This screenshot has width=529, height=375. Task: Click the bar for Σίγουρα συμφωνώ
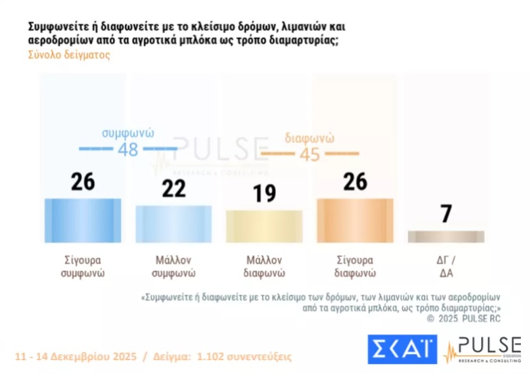(83, 220)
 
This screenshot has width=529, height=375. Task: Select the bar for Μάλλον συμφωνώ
(174, 223)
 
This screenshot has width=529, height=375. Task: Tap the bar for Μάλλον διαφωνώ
(264, 226)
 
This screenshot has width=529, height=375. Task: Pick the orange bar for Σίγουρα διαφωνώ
(355, 220)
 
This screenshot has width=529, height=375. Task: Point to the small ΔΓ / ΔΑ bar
(446, 236)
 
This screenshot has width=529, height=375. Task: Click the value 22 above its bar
(174, 188)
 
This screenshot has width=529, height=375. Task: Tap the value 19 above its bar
(264, 194)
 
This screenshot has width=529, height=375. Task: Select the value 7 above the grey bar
(446, 214)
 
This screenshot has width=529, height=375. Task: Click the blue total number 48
(128, 150)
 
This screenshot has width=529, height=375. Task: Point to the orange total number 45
(310, 154)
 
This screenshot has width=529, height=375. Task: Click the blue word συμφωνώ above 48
(129, 133)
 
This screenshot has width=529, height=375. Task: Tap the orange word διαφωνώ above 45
(310, 137)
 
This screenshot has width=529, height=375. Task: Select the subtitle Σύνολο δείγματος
(68, 56)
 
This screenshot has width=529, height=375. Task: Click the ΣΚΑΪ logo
(402, 348)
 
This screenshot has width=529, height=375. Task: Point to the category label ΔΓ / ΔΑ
(446, 267)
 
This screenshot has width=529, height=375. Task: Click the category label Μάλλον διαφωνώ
(264, 267)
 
